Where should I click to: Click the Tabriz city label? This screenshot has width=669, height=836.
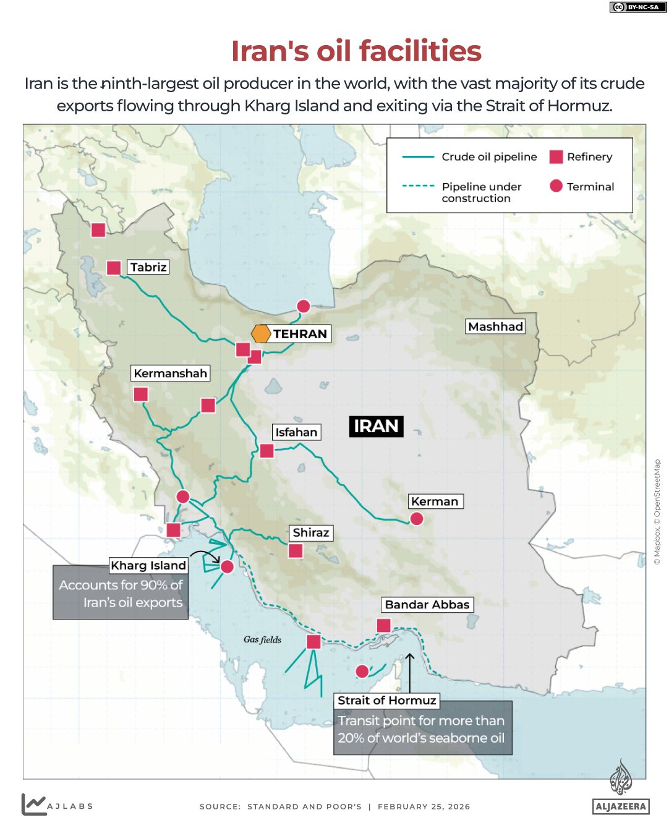pos(148,267)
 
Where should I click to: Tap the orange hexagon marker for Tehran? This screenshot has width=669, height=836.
pos(261,333)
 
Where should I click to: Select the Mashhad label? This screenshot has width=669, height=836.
pos(495,326)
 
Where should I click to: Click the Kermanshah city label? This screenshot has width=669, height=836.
pos(170,373)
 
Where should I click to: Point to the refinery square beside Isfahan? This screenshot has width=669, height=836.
pos(266,451)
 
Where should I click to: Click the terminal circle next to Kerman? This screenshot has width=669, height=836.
pos(417,519)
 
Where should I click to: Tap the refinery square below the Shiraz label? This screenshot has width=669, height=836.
pos(296,550)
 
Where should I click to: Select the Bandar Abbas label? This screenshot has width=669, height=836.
pos(427,605)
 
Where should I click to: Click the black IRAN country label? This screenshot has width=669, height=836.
pos(376,426)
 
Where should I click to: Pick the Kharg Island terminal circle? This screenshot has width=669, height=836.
pos(227,566)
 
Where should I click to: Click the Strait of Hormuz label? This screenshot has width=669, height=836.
pos(387,701)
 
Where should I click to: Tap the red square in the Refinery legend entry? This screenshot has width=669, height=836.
pos(556,157)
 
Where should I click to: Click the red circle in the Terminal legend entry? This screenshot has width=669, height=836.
pos(556,186)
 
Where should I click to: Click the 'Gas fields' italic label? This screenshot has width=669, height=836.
pos(262,639)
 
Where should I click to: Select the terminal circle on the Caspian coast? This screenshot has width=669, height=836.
pos(303,306)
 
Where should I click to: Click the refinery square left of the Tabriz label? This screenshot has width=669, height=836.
pos(114,268)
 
